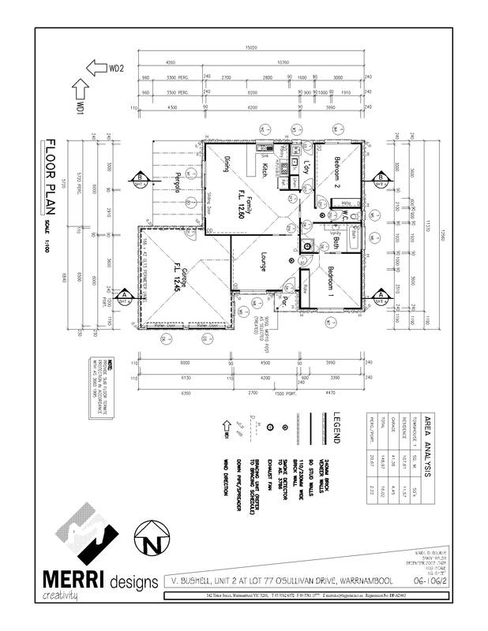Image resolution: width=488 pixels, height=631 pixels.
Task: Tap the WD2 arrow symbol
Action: point(97,69)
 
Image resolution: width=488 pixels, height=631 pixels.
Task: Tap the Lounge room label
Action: point(261,260)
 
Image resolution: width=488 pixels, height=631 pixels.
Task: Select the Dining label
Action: point(226,166)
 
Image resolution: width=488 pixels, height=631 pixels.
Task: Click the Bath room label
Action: point(337,244)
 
